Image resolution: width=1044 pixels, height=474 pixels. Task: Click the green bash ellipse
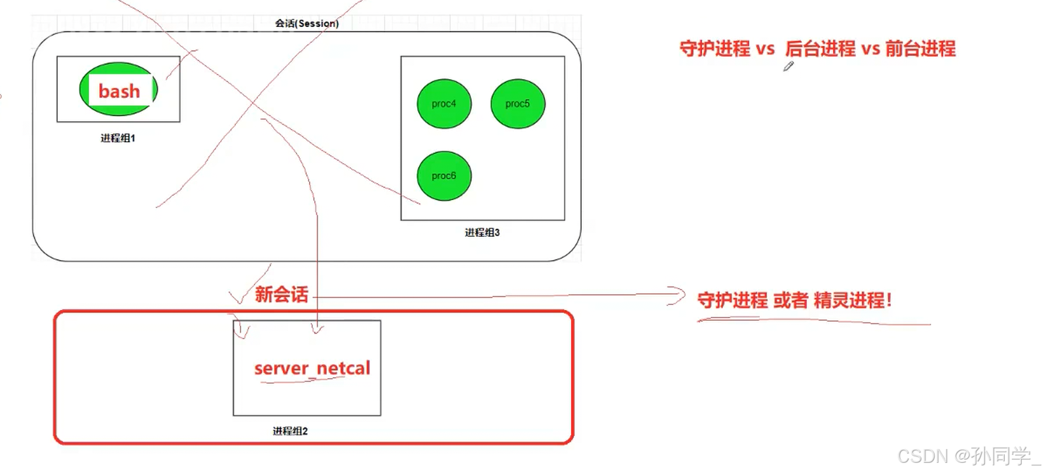(119, 90)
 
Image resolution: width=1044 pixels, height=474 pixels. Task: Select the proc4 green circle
(444, 104)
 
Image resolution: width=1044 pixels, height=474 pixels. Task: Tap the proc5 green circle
(517, 104)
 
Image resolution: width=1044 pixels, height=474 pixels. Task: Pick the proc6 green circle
(444, 176)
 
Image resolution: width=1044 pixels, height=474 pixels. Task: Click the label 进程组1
(118, 138)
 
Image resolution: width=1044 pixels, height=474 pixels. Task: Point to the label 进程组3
(482, 233)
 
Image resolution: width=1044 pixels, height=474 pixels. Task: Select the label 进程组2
(290, 431)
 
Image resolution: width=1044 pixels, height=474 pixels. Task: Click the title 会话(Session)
(307, 24)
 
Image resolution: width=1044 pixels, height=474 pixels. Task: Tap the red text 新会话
(282, 294)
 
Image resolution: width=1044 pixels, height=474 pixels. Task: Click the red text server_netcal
(312, 368)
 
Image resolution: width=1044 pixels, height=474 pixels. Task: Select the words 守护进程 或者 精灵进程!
(794, 300)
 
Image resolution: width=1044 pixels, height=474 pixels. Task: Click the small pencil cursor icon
(789, 66)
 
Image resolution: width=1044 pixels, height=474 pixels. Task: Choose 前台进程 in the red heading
(920, 49)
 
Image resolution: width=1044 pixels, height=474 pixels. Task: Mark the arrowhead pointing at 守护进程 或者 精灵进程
(679, 296)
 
